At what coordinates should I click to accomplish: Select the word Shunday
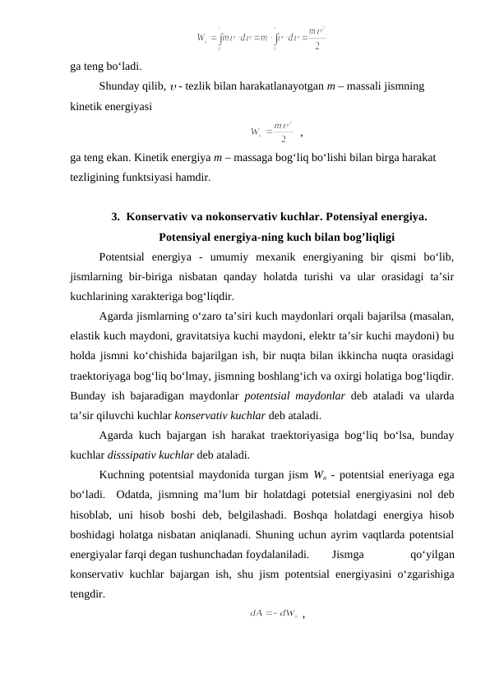pos(122,84)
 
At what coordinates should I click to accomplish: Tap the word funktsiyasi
pos(165,176)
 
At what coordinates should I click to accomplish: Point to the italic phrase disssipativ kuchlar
pos(164,454)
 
